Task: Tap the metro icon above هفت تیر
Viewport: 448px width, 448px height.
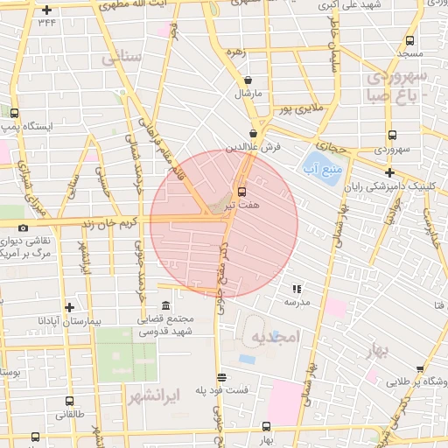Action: coord(241,191)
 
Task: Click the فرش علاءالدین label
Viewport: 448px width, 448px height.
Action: coord(252,147)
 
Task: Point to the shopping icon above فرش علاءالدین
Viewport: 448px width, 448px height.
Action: coord(252,134)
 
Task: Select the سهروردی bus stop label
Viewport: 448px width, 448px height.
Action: coord(390,149)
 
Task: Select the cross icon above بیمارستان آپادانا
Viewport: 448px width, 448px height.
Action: coord(69,307)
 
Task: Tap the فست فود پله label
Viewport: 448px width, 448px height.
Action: coord(222,390)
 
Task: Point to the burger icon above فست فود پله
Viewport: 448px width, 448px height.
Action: coord(222,377)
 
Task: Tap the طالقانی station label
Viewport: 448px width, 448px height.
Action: coord(69,416)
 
